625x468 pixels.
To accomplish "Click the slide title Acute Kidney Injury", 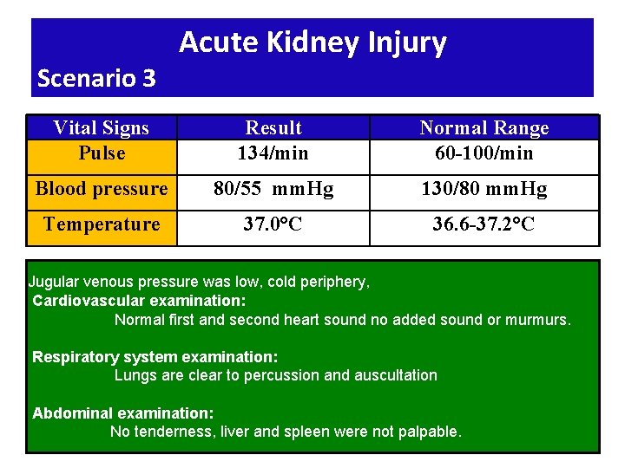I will point(312,42).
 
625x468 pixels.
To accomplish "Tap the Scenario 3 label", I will point(96,79).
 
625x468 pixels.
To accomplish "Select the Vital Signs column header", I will point(102,128).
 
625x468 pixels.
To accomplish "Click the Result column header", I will point(273,128).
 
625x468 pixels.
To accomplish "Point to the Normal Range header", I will point(484,128).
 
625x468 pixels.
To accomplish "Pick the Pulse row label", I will point(102,153).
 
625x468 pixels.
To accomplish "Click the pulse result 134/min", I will point(273,153).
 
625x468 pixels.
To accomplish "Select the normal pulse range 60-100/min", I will point(484,153).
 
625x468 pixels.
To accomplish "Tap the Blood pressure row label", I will point(102,189).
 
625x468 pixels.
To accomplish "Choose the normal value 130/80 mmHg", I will point(484,189).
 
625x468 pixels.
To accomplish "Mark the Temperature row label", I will point(102,224).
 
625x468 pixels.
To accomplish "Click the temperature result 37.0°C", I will point(273,224).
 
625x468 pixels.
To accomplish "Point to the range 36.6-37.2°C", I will point(484,224).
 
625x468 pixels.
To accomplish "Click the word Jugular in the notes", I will point(52,282).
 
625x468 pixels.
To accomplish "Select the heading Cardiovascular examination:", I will point(139,301).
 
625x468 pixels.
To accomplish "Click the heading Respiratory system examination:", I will point(155,356).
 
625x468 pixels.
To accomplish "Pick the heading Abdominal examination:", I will point(122,413).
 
